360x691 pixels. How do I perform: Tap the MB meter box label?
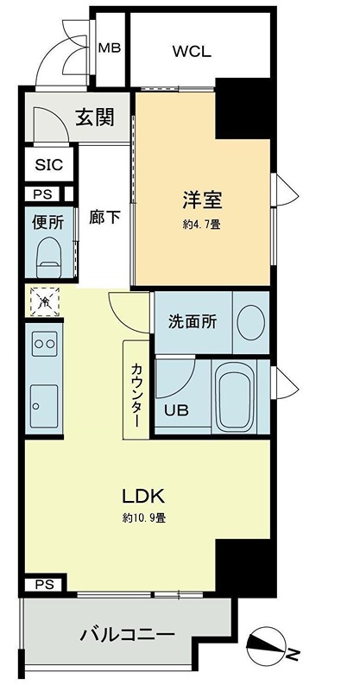[x=110, y=48]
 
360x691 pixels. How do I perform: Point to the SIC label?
[x=48, y=164]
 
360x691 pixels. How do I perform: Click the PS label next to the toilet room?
[x=42, y=195]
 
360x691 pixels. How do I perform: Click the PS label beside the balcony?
[x=43, y=584]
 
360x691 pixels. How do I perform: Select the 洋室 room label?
[x=203, y=201]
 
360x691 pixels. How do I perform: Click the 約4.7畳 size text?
[x=203, y=225]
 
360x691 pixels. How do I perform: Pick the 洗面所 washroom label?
[x=193, y=321]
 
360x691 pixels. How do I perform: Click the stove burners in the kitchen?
[x=43, y=345]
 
